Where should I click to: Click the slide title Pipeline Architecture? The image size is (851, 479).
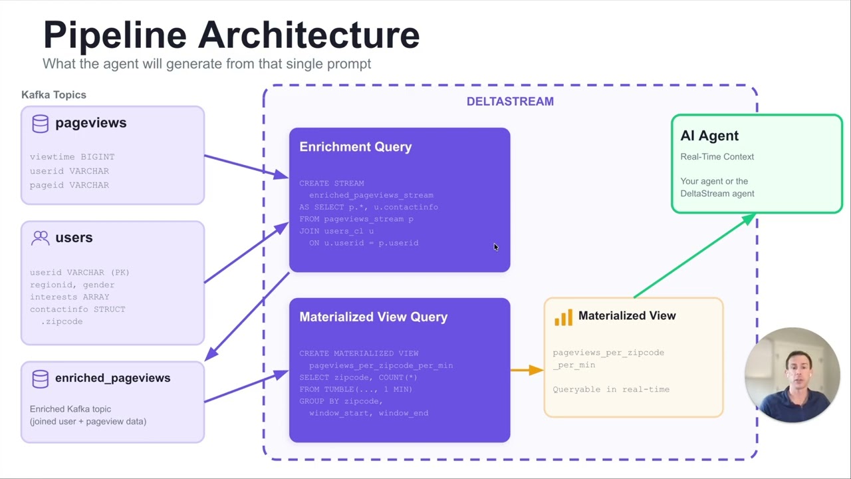tap(231, 35)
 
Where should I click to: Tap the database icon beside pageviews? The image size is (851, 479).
tap(41, 123)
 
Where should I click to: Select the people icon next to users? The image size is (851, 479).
tap(41, 238)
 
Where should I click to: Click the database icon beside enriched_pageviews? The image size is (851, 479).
tap(41, 379)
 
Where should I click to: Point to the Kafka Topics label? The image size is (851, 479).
tap(54, 94)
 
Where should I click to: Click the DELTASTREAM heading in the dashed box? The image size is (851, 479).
tap(510, 101)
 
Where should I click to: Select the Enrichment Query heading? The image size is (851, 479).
tap(355, 147)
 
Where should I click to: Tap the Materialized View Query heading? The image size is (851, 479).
tap(373, 317)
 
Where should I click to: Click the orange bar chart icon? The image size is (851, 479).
tap(563, 317)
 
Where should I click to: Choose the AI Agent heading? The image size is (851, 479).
tap(709, 136)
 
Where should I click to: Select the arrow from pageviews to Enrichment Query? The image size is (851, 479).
tap(246, 166)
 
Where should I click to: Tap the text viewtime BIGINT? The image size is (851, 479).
tap(72, 157)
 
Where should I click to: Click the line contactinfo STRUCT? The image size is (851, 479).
tap(77, 309)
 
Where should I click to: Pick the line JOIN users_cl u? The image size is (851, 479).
tap(336, 231)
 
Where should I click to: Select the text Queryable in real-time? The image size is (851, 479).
tap(611, 389)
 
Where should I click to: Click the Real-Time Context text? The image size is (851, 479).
tap(717, 157)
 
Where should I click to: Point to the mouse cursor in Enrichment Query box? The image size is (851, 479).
tap(495, 247)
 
